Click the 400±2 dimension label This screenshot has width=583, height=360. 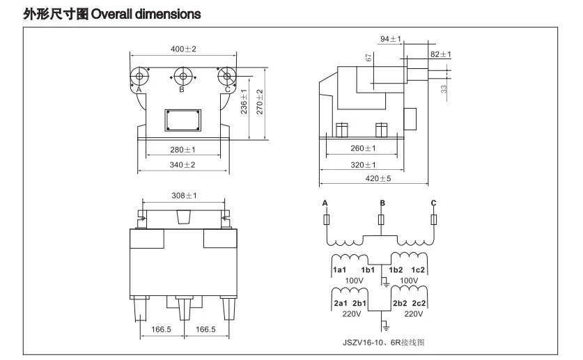point(183,49)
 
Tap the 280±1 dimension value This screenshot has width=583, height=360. point(182,150)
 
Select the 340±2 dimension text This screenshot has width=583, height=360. point(182,165)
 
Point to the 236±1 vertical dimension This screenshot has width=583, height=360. point(244,102)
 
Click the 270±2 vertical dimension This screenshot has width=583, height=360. point(260,102)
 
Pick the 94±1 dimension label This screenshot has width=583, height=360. point(391,39)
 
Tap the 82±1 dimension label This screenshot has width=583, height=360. point(441,54)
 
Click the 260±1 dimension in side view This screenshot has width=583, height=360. point(363,148)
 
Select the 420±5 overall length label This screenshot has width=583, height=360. point(378,179)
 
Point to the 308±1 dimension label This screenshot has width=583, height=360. point(184,196)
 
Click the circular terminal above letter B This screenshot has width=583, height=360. point(183,77)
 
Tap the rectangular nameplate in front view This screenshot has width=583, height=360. point(183,120)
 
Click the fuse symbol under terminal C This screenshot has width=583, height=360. point(433,219)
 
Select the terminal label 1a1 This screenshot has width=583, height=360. point(339,270)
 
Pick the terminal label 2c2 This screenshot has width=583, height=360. point(419,304)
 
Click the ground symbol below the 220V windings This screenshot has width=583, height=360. point(386,327)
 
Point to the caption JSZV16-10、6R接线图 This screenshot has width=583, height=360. point(383,343)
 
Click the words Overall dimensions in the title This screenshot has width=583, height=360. point(146,14)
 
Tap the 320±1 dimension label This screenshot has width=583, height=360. point(363,165)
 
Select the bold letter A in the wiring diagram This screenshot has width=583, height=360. point(325,203)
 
